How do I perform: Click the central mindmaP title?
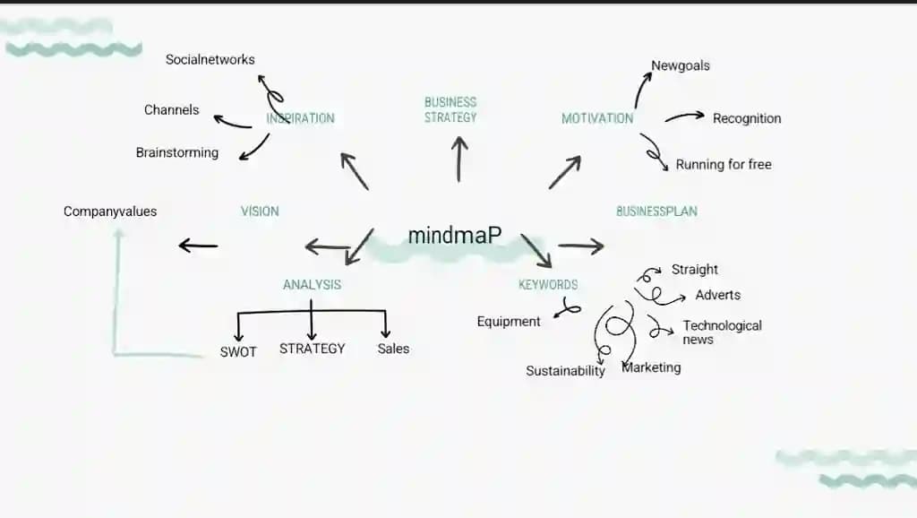454,236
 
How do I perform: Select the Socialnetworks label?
210,60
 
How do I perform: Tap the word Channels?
171,110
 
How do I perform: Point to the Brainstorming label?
177,152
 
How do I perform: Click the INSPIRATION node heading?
301,118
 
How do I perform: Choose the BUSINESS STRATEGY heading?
450,109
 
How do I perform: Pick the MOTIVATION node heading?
597,118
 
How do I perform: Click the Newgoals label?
681,65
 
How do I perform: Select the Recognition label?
747,118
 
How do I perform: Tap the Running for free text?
724,165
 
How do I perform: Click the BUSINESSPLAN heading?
656,212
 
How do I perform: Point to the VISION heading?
260,212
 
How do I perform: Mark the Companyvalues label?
110,212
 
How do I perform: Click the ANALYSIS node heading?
312,285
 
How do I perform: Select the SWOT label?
238,352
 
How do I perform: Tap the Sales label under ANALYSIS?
393,349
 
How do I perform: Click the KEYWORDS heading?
548,285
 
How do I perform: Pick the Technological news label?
722,332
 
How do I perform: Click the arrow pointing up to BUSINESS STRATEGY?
459,160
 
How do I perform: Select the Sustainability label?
565,371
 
